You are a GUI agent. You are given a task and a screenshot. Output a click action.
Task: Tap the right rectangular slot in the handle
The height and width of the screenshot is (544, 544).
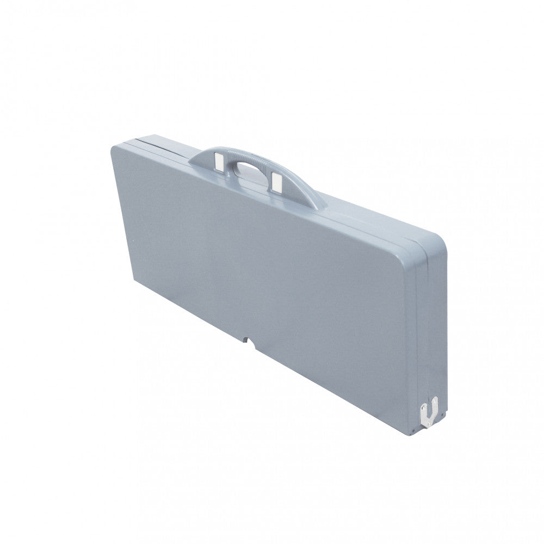(276, 181)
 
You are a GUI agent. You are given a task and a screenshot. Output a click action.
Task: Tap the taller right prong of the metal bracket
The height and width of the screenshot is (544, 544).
(434, 405)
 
